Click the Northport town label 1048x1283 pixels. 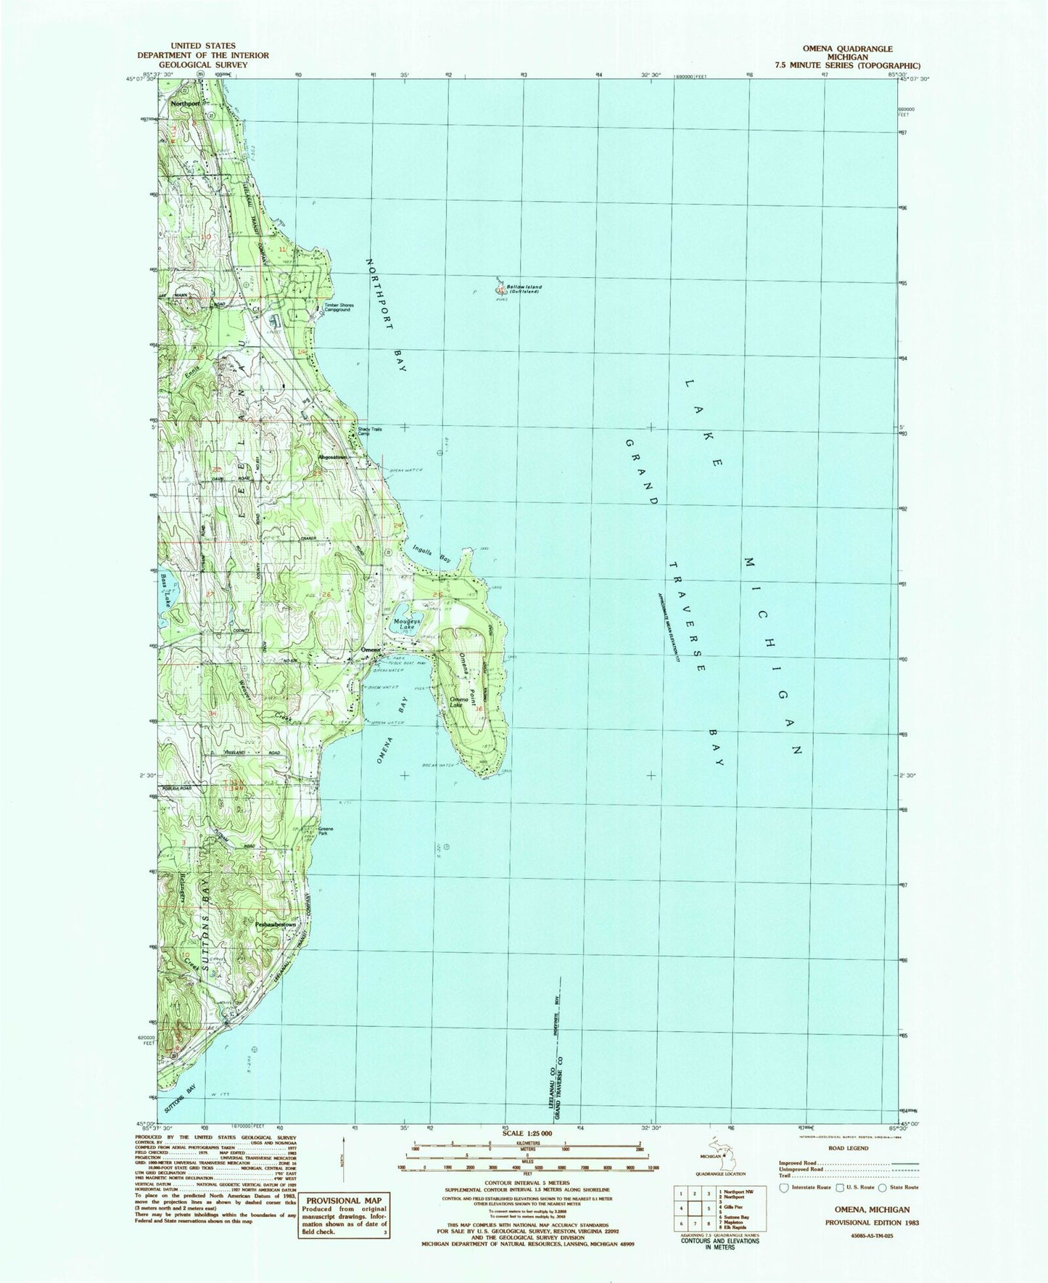tap(185, 103)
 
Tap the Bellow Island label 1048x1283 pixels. tap(524, 287)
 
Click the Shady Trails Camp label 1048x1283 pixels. tap(369, 430)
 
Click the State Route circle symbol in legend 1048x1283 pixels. tap(883, 1186)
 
